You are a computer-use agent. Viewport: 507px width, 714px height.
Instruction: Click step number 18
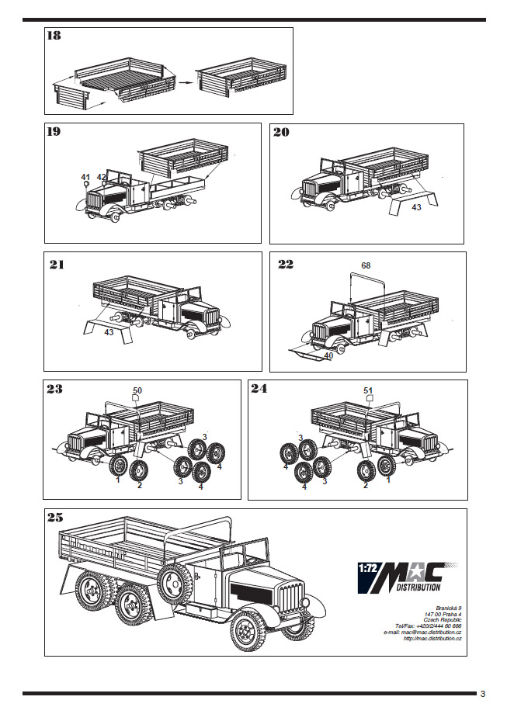click(x=55, y=36)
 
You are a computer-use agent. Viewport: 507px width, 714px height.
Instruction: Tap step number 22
click(x=286, y=265)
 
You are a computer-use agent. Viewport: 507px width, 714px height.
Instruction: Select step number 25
click(x=55, y=518)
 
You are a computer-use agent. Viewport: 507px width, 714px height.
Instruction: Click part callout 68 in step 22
click(x=366, y=265)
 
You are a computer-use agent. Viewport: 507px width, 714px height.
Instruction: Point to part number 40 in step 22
click(x=328, y=356)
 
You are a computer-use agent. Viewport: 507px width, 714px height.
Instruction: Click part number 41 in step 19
click(x=85, y=178)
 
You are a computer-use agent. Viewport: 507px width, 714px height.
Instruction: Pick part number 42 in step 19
click(x=101, y=178)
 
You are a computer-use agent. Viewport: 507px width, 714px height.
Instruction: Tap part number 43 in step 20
click(x=416, y=207)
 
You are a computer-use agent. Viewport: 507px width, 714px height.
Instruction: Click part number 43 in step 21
click(x=109, y=332)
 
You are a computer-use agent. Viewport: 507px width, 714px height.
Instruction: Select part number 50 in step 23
click(x=137, y=390)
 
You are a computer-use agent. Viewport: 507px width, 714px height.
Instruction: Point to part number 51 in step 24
click(x=368, y=390)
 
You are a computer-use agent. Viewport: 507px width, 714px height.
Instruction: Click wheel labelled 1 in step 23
click(x=119, y=466)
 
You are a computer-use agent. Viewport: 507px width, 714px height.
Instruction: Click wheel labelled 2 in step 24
click(x=365, y=470)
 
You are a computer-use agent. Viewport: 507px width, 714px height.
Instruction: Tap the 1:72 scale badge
click(x=368, y=567)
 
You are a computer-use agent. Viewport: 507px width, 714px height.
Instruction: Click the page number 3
click(x=482, y=693)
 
